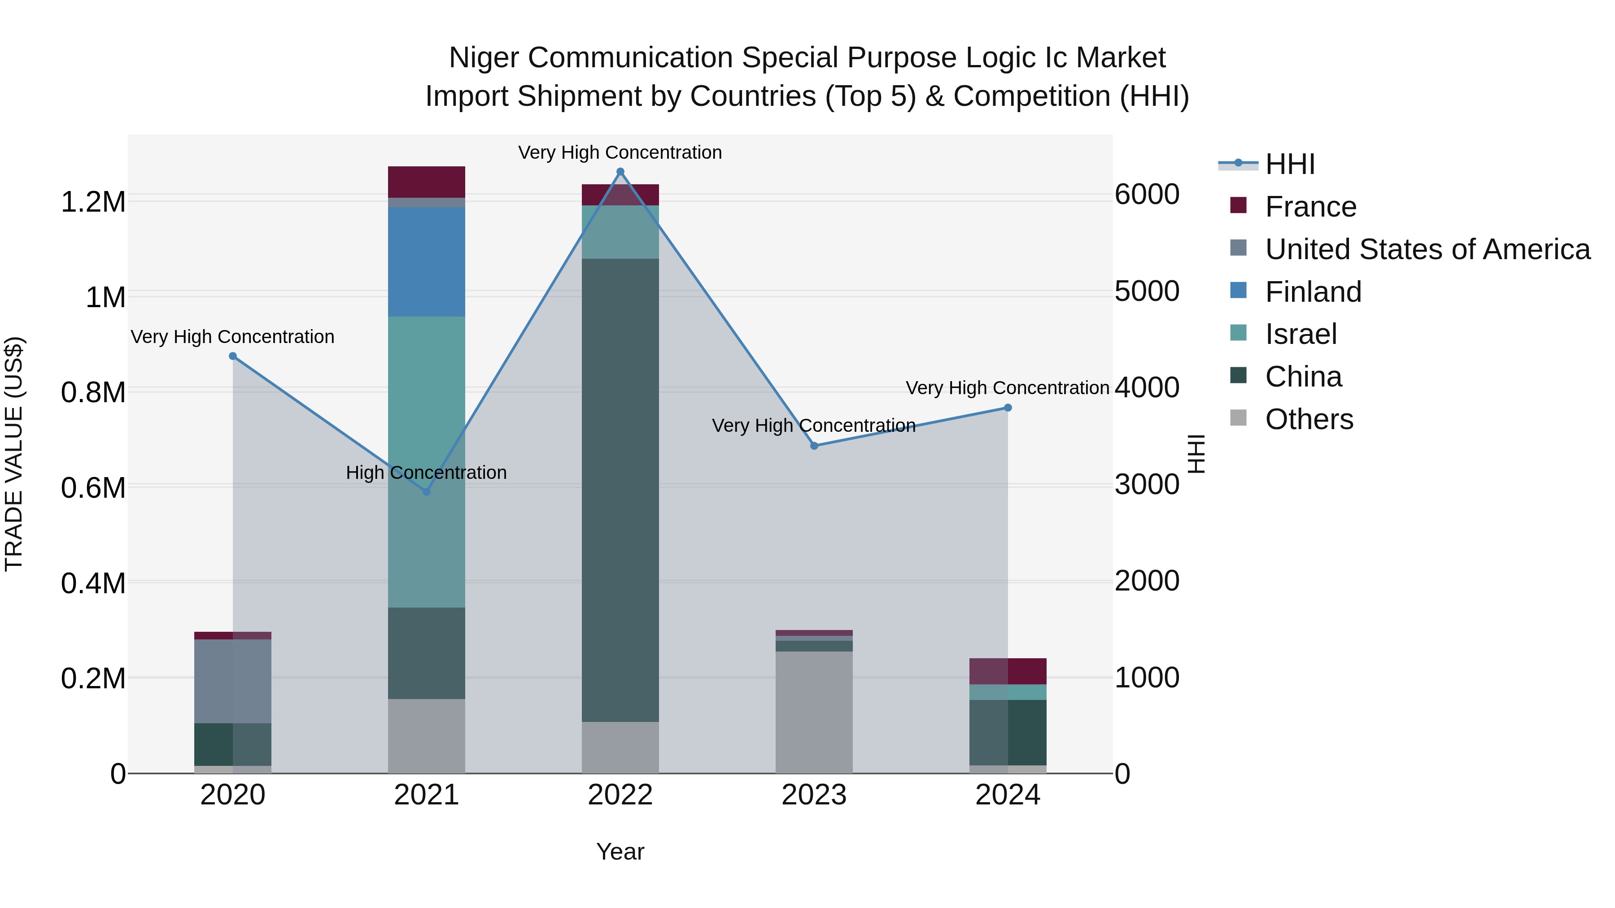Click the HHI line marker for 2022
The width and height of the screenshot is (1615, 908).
[620, 172]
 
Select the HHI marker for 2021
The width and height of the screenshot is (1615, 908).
[426, 492]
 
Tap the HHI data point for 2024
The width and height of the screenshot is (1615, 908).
[1008, 408]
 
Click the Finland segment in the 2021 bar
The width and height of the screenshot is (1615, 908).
[426, 262]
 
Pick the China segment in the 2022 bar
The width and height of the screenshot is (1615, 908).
[620, 490]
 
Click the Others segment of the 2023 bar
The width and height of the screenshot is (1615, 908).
[814, 712]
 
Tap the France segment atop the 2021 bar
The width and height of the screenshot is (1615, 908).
[426, 182]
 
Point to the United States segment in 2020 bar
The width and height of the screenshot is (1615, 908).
[232, 681]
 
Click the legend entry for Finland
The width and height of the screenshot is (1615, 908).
[1313, 292]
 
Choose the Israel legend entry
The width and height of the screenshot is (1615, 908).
[1301, 335]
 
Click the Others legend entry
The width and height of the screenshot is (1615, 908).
[1309, 420]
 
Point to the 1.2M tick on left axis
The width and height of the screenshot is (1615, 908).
[93, 202]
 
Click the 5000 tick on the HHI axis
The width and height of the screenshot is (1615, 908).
[1147, 291]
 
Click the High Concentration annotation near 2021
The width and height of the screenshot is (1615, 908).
[426, 473]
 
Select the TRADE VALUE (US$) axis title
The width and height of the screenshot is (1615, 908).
[14, 454]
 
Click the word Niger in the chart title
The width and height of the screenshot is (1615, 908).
[484, 58]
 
